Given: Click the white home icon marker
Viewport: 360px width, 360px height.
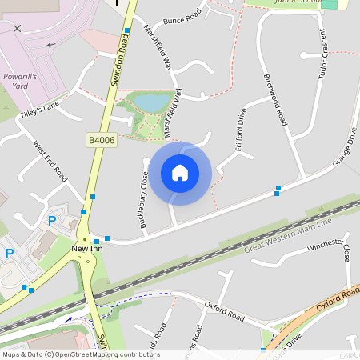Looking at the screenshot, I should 180,173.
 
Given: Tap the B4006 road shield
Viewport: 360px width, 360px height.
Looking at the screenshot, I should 101,140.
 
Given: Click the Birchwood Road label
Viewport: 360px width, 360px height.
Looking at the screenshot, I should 274,100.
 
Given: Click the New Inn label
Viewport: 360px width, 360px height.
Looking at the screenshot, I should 87,249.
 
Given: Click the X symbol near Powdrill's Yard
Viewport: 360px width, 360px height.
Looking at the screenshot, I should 18,28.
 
